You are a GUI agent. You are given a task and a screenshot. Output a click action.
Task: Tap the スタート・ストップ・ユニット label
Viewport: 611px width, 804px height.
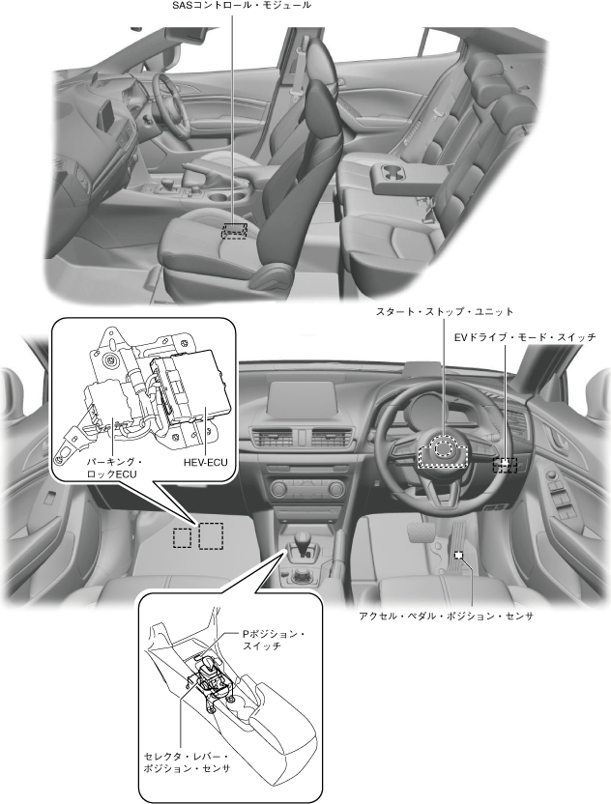coord(445,311)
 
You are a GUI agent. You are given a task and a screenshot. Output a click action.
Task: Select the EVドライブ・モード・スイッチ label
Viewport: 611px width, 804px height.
coord(525,337)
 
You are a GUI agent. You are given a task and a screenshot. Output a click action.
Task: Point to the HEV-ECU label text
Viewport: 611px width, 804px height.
coord(205,463)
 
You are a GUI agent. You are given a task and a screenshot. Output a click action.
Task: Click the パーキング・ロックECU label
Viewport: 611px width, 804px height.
coord(113,468)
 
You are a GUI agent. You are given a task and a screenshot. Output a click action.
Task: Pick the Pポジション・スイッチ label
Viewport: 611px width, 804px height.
coord(274,640)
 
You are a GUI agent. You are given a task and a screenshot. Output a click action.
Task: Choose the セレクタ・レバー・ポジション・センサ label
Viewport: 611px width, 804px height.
coord(188,761)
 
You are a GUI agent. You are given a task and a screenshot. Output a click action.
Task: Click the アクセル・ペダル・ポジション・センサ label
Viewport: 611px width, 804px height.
coord(446,616)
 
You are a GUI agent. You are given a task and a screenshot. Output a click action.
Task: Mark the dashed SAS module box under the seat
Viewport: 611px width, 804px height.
coord(234,230)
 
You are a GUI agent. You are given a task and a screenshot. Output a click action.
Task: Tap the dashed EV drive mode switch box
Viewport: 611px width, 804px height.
coord(505,464)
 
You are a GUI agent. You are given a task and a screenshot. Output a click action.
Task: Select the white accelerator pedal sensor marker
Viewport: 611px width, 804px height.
coord(459,555)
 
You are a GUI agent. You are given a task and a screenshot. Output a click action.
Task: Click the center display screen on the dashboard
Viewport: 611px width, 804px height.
coord(305,397)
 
